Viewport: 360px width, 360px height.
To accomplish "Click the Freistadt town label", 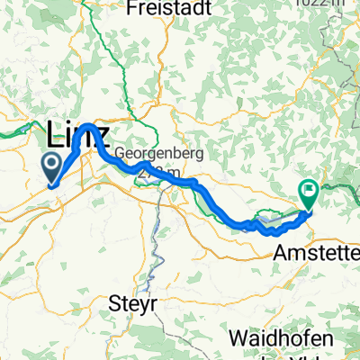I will (169, 8).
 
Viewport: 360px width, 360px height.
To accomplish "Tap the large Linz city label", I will (77, 138).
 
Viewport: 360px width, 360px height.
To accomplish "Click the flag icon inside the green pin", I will (309, 189).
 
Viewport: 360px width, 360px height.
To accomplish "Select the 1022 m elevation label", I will (336, 3).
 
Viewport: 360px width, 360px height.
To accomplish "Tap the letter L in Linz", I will (52, 138).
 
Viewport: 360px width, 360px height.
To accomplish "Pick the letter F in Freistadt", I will (133, 8).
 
